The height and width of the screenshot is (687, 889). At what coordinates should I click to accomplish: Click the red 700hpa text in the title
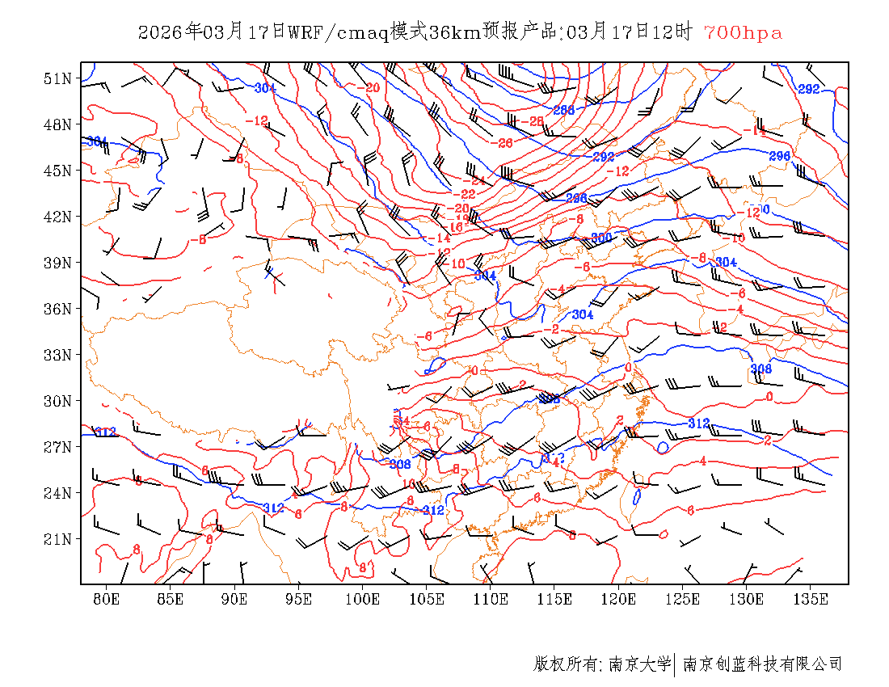[x=743, y=32]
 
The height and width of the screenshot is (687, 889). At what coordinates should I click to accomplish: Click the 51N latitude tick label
[x=57, y=78]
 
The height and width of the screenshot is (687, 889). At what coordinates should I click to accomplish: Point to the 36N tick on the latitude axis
[x=57, y=309]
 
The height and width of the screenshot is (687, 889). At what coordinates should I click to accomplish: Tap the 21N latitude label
[x=57, y=539]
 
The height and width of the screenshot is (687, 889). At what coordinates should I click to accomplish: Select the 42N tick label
[x=57, y=217]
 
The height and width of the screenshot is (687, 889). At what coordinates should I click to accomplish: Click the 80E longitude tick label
[x=107, y=599]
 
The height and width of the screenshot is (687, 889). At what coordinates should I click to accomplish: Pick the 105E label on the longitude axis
[x=427, y=599]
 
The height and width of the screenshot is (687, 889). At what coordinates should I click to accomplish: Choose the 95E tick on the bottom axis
[x=299, y=599]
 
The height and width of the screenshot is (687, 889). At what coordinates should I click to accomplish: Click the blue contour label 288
[x=563, y=110]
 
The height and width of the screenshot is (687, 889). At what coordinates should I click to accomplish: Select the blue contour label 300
[x=601, y=238]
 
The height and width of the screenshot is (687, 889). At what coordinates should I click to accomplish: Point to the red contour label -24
[x=477, y=180]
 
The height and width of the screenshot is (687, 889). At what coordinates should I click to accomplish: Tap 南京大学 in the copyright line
[x=638, y=664]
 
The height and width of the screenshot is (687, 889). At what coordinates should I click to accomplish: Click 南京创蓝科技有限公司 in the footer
[x=762, y=664]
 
